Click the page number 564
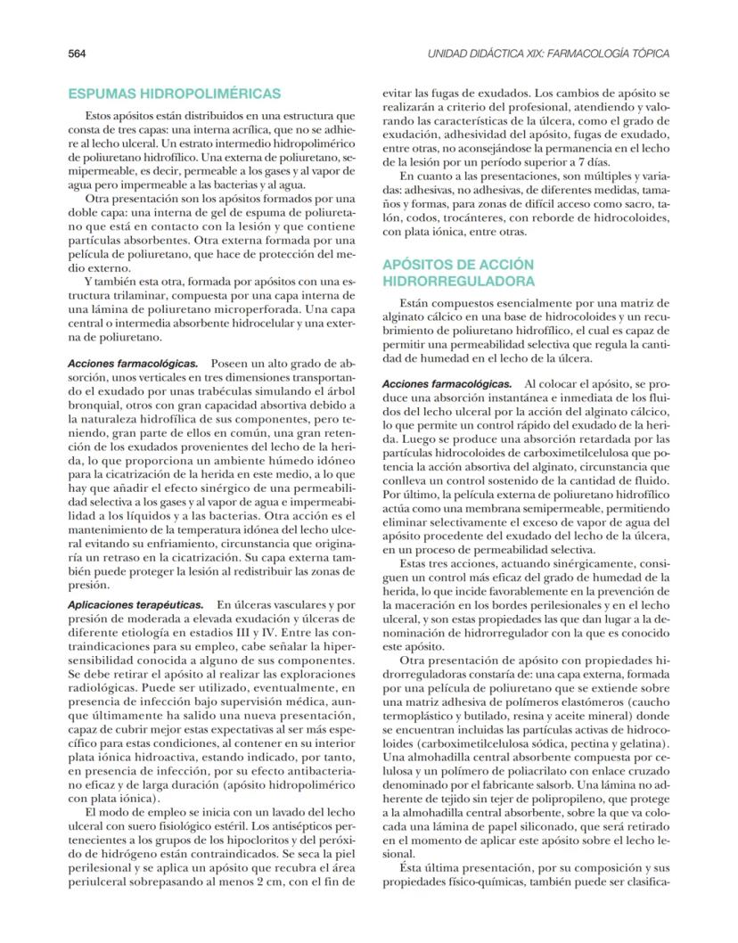click(x=77, y=53)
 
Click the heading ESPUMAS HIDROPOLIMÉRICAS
click(x=175, y=93)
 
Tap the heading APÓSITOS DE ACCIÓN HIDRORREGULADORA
click(x=458, y=273)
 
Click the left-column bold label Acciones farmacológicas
click(x=134, y=365)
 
